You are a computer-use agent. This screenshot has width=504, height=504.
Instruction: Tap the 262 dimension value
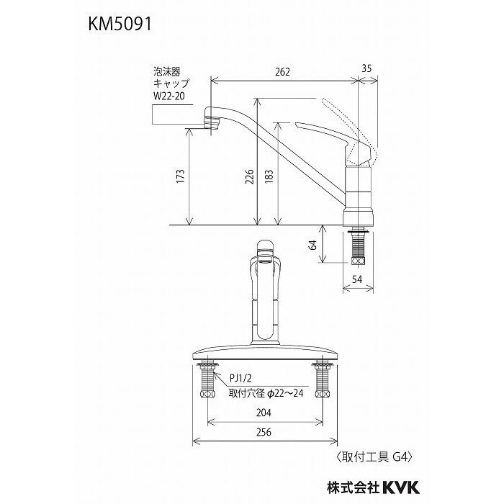pyautogui.click(x=282, y=71)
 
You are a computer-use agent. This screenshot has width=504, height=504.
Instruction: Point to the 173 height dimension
pyautogui.click(x=180, y=176)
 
